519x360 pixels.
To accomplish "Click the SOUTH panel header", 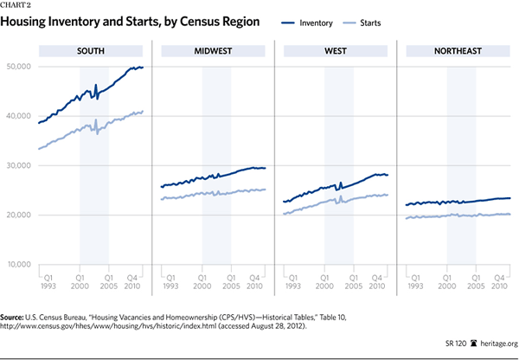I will click(x=90, y=52).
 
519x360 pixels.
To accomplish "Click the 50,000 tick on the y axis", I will click(x=17, y=67).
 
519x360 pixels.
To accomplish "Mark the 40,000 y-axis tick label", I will click(x=17, y=116).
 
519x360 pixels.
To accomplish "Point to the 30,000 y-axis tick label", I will click(x=17, y=165).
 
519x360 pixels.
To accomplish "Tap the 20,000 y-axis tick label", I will click(x=17, y=215).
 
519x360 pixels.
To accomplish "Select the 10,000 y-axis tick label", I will click(x=17, y=264).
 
